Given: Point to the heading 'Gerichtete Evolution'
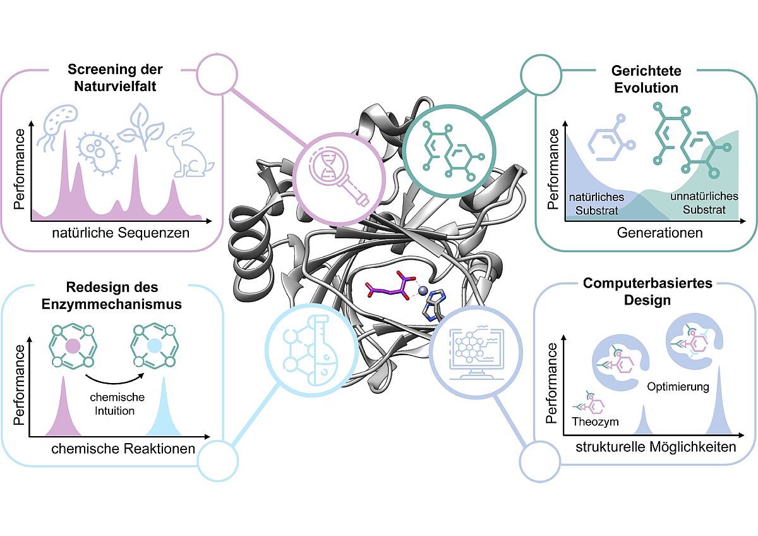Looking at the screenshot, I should coord(646,80).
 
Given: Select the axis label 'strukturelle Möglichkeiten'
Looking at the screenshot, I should coord(656,448).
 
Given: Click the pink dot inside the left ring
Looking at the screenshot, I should coord(73,346).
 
